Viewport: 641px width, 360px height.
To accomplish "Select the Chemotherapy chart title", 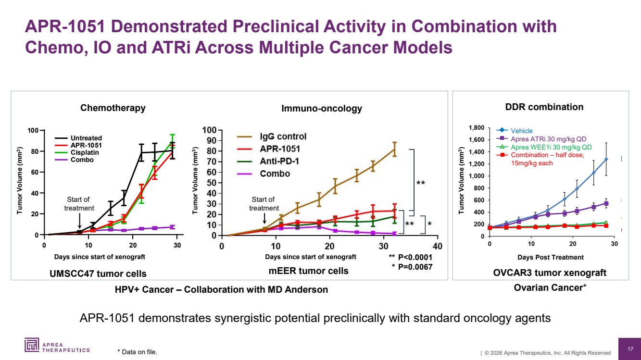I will point(113,108).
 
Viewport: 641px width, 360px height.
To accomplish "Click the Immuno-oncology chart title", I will point(321,109).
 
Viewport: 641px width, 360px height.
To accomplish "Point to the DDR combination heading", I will point(545,107).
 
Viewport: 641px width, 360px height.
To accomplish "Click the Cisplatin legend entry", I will point(86,152).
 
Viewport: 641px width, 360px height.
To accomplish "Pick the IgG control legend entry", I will point(283,137).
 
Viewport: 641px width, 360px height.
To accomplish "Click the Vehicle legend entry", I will point(521,131).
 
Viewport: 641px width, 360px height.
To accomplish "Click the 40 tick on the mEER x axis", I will point(437,246).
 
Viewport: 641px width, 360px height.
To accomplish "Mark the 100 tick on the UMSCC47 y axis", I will point(33,130).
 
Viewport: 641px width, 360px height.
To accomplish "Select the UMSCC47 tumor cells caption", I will point(98,273).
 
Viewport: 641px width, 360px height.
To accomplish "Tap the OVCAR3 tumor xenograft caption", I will point(550,273).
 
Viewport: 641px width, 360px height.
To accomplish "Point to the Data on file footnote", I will point(137,352).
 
